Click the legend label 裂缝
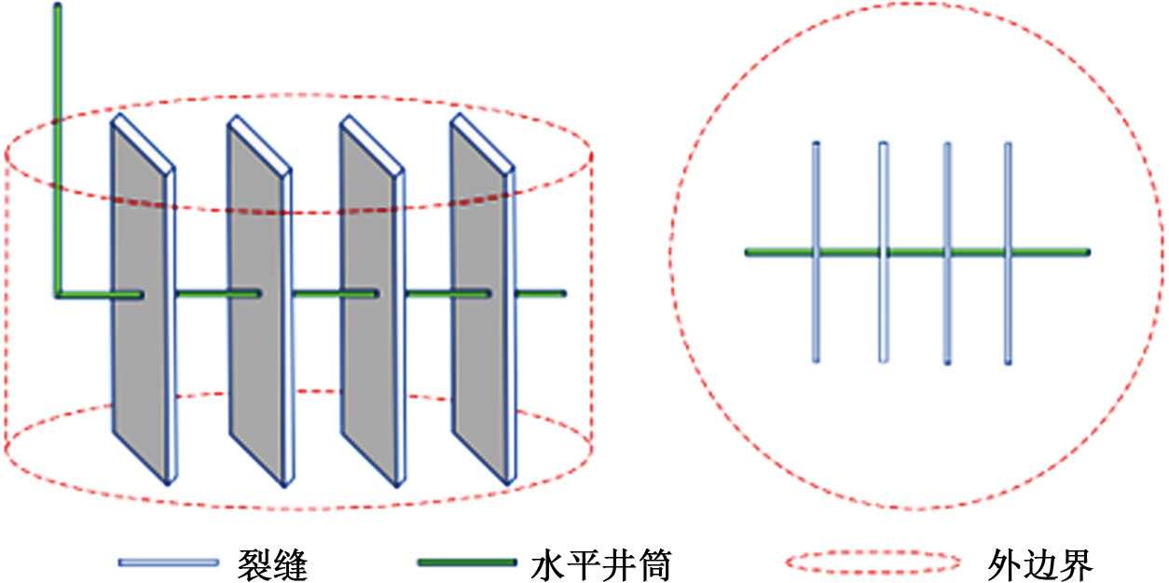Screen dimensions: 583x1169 point(273,563)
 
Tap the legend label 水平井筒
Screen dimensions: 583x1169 point(600,563)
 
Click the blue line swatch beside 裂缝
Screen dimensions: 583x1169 point(168,562)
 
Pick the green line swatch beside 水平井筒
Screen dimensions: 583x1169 point(466,562)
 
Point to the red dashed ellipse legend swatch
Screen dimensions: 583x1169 point(873,562)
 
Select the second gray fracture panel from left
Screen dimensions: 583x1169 point(256,298)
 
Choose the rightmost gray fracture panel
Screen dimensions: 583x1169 point(479,298)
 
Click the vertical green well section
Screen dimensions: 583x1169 point(58,149)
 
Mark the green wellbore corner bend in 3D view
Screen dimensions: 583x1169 point(59,295)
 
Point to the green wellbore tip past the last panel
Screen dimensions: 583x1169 point(562,295)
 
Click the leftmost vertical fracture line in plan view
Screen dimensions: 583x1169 point(816,252)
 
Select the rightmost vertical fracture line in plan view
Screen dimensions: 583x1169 point(1008,252)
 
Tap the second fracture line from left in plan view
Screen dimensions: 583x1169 point(883,252)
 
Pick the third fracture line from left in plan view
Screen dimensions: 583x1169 point(946,252)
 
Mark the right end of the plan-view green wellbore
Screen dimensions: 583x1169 point(1086,252)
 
